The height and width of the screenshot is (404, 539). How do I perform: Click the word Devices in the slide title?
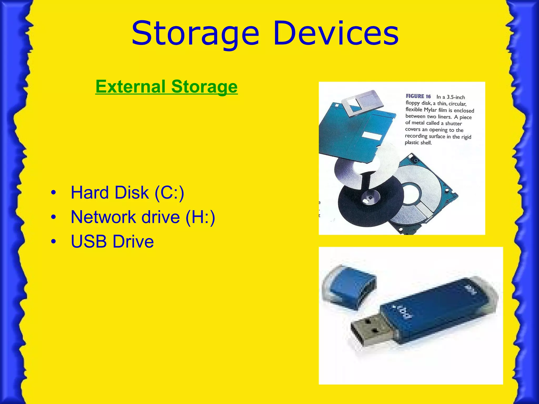pos(336,34)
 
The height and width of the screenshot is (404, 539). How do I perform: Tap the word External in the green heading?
pos(131,87)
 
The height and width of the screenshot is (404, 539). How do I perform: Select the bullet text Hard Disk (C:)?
pos(127,193)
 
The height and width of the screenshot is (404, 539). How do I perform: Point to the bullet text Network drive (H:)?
pos(143,217)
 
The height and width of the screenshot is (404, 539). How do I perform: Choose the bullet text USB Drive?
pos(112,241)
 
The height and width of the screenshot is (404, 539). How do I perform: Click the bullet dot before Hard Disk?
pos(54,193)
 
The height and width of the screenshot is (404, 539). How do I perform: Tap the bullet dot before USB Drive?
pos(54,242)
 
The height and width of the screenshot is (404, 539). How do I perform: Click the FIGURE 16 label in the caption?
pos(418,97)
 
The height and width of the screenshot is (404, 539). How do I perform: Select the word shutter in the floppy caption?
pos(453,123)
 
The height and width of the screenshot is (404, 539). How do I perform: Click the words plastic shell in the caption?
pos(418,143)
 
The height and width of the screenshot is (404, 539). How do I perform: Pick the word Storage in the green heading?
pos(204,87)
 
